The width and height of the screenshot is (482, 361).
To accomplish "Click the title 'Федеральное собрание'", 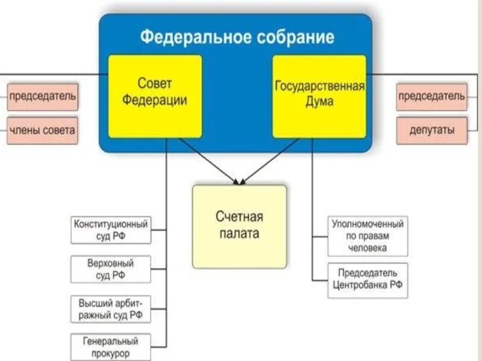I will point(237,37).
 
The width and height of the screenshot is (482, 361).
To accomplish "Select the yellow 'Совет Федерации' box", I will point(155,96).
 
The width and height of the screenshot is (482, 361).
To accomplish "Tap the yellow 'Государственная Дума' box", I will point(319,96).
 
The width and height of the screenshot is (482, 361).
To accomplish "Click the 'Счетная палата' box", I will point(239,226).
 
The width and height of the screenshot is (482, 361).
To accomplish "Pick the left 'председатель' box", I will point(42,96).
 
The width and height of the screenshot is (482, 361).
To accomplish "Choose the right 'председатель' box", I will point(431,96).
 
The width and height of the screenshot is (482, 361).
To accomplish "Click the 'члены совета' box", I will point(42,130).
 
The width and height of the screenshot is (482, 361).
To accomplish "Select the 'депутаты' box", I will point(431,130).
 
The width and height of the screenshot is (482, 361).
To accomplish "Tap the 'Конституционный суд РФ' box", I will point(110,230).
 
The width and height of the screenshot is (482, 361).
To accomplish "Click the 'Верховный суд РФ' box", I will point(110,270).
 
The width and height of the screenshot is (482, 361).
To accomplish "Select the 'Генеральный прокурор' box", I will point(110,348).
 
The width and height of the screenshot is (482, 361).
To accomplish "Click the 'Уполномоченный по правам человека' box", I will point(368,236).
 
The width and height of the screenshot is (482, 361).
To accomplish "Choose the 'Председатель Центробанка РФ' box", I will point(368,280).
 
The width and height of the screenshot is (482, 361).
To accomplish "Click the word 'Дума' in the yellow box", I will point(319,102).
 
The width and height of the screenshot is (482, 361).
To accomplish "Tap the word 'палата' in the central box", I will point(239,233).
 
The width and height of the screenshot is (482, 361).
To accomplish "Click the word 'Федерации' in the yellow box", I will point(155,100).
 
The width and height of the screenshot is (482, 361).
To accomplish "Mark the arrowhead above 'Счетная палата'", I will point(239,180).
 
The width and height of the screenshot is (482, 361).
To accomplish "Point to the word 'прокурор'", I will point(110,354).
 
